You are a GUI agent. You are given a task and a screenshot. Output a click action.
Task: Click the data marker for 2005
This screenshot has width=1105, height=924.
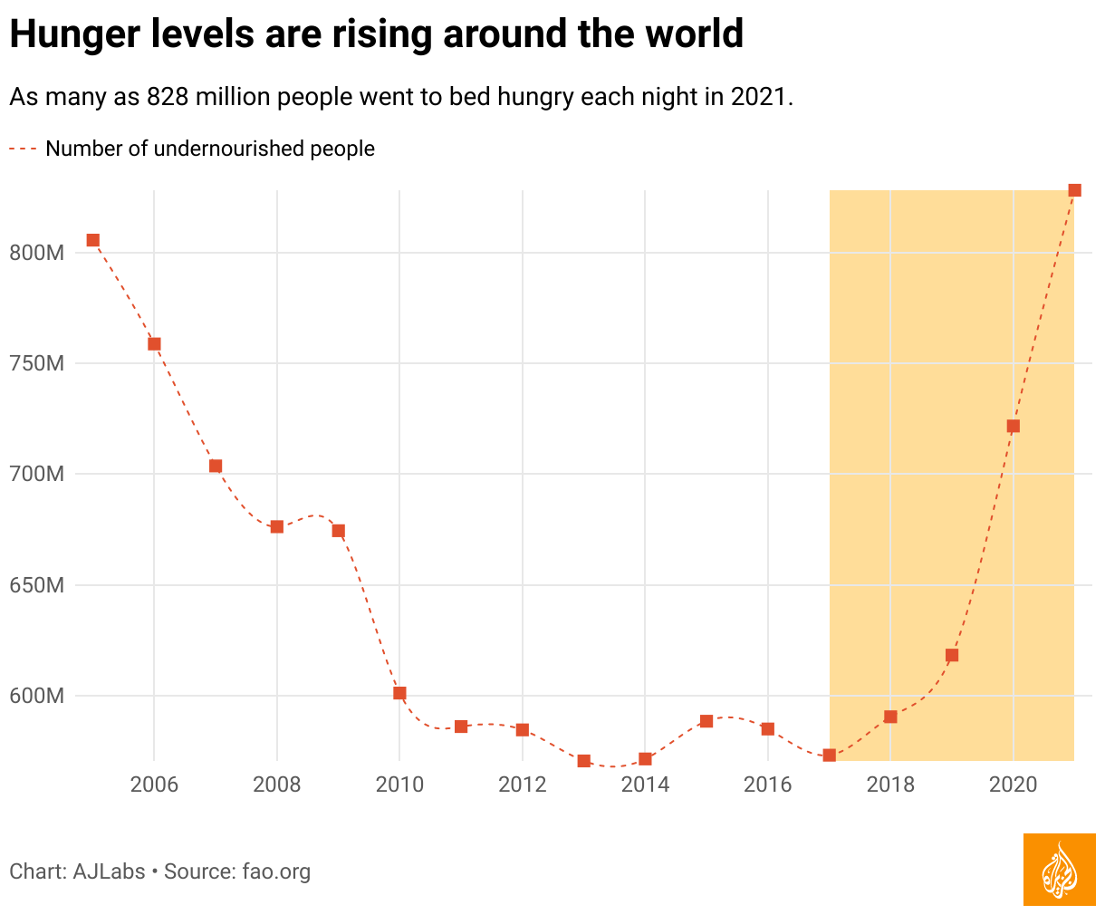pyautogui.click(x=92, y=240)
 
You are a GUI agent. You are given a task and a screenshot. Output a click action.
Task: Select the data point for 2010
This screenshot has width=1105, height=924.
pyautogui.click(x=399, y=693)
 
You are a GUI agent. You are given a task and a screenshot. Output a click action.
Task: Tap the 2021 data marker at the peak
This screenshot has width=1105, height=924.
pyautogui.click(x=1074, y=190)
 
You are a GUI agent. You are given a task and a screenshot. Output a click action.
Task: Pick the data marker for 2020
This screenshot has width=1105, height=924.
pyautogui.click(x=1013, y=426)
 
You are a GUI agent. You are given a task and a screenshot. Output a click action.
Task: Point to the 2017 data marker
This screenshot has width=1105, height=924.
pyautogui.click(x=829, y=755)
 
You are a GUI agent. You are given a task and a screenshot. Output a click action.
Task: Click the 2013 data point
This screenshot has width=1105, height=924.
pyautogui.click(x=583, y=761)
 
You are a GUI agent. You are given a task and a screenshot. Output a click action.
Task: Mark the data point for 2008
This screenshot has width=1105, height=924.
pyautogui.click(x=277, y=526)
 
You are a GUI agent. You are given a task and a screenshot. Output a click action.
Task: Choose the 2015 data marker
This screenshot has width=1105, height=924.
pyautogui.click(x=706, y=721)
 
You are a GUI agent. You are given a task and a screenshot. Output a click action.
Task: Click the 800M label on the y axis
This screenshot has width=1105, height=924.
pyautogui.click(x=36, y=253)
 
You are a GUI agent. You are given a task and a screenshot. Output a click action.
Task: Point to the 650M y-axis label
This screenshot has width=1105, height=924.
pyautogui.click(x=36, y=585)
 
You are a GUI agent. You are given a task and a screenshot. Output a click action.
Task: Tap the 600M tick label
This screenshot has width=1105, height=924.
pyautogui.click(x=36, y=696)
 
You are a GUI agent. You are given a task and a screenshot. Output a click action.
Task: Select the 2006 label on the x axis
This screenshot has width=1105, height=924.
pyautogui.click(x=154, y=784)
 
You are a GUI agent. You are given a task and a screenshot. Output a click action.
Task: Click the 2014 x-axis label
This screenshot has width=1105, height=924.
pyautogui.click(x=645, y=784)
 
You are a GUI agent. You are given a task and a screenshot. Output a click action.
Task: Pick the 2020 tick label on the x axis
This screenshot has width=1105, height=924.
pyautogui.click(x=1013, y=784)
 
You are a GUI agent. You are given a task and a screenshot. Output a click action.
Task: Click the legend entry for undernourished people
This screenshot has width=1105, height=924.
pyautogui.click(x=209, y=149)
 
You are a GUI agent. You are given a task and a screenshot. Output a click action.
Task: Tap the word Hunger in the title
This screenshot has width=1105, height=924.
pyautogui.click(x=67, y=34)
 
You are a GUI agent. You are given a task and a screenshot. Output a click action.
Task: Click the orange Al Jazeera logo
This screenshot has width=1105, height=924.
pyautogui.click(x=1059, y=870)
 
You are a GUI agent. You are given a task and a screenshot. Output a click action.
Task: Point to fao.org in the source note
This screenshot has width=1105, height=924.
pyautogui.click(x=276, y=871)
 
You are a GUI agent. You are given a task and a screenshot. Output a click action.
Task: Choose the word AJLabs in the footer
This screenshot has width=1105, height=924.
pyautogui.click(x=109, y=871)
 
